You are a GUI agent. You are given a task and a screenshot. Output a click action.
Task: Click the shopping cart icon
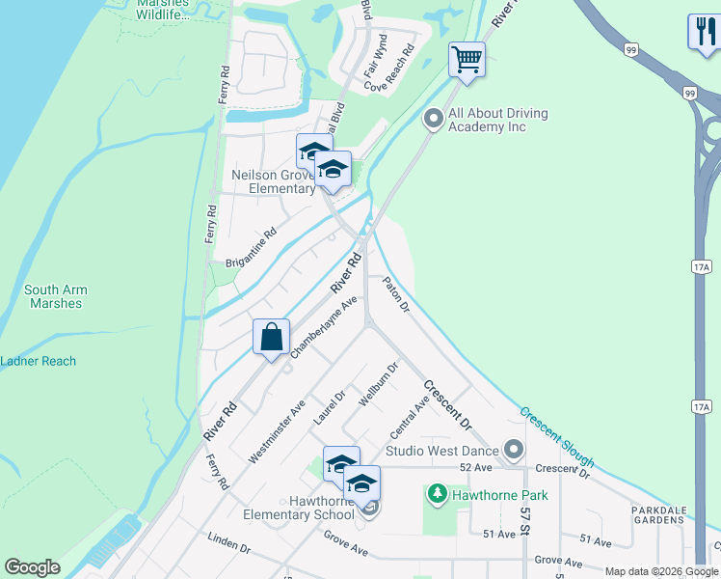tap(467, 59)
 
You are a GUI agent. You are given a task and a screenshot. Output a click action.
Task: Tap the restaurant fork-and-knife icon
tap(703, 31)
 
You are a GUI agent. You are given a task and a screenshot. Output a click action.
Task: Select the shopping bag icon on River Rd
tap(272, 338)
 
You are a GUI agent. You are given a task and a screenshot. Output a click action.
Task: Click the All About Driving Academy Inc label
tap(499, 120)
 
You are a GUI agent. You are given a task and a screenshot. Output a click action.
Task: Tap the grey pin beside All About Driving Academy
tap(434, 120)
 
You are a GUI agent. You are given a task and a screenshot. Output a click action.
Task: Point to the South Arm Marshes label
tap(56, 296)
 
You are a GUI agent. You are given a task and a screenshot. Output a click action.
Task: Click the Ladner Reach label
tap(39, 362)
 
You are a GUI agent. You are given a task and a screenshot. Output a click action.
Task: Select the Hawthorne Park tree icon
tap(438, 495)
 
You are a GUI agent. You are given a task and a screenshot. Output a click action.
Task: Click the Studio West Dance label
tap(442, 451)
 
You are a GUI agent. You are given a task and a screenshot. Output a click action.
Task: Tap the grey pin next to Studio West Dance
tap(514, 450)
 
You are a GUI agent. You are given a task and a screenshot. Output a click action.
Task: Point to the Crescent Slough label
tap(557, 437)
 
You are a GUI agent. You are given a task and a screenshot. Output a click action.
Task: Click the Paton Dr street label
tap(396, 295)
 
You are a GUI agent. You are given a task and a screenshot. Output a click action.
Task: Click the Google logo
tap(32, 567)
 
